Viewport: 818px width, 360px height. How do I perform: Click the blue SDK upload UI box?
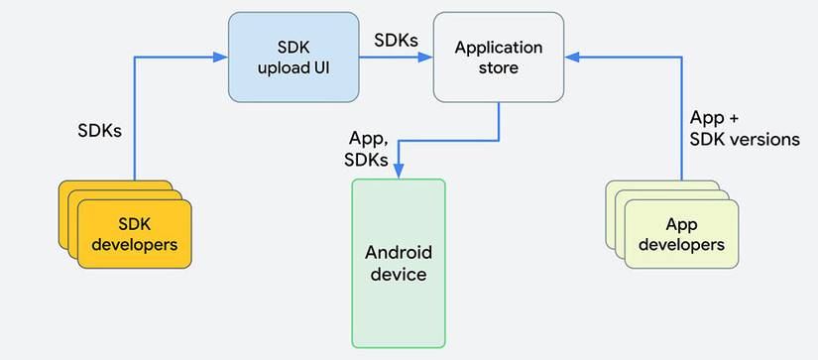(x=293, y=58)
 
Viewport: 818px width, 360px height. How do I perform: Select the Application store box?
(x=499, y=58)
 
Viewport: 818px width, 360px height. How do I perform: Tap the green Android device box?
(x=399, y=264)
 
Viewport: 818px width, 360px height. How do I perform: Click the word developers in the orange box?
(x=135, y=244)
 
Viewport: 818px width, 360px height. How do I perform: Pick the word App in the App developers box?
(x=681, y=225)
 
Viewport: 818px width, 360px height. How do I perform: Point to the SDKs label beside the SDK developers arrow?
(x=99, y=131)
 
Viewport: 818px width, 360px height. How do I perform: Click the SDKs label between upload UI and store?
(x=396, y=40)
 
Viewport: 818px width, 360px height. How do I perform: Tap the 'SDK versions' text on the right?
(x=745, y=139)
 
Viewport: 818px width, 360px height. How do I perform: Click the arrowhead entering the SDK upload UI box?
(x=221, y=58)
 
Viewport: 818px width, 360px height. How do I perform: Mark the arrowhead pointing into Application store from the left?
(x=425, y=58)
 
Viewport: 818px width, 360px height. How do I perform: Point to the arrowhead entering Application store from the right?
(x=572, y=58)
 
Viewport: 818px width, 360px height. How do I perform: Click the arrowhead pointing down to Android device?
(x=399, y=172)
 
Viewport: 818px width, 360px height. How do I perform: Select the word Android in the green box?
(x=399, y=253)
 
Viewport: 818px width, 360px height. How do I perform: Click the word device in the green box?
(x=399, y=275)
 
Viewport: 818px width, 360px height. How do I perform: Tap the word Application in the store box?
(x=499, y=48)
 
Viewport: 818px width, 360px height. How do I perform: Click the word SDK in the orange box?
(x=135, y=224)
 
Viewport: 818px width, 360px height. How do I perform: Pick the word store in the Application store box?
(x=499, y=67)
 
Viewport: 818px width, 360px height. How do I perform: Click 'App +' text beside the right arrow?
(x=714, y=118)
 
